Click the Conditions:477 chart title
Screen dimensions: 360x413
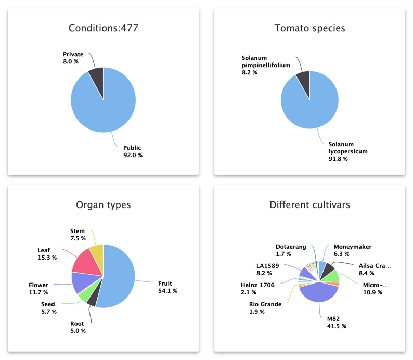(x=103, y=28)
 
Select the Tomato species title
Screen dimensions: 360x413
(x=309, y=28)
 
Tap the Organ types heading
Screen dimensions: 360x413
(x=103, y=205)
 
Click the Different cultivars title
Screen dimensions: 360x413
(x=309, y=205)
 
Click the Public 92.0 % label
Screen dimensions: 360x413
(x=133, y=151)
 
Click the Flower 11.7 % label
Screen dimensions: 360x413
(x=38, y=289)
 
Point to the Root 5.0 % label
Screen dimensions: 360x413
(x=78, y=327)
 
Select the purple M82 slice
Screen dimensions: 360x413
(x=312, y=294)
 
